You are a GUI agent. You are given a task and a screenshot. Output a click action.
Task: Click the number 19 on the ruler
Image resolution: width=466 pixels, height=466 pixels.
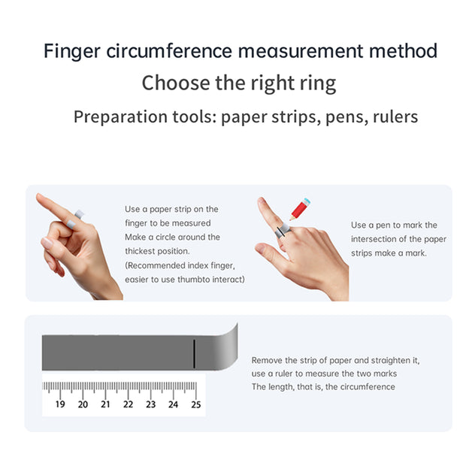click(x=60, y=404)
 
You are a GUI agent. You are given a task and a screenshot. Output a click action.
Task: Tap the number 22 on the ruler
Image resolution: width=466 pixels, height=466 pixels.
click(x=128, y=404)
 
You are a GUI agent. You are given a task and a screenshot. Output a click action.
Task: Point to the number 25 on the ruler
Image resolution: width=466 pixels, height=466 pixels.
click(x=196, y=404)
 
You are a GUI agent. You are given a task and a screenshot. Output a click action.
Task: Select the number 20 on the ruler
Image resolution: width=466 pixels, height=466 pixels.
click(x=83, y=404)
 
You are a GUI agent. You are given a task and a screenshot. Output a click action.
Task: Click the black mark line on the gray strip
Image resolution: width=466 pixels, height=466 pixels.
click(x=194, y=354)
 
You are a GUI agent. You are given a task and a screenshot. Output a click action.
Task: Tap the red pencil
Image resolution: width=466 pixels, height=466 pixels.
click(x=300, y=209)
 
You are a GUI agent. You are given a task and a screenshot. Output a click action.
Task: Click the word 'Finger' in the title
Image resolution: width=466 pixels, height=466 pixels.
click(x=72, y=51)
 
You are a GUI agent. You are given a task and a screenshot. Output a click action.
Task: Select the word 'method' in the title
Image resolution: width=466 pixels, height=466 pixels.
click(x=403, y=50)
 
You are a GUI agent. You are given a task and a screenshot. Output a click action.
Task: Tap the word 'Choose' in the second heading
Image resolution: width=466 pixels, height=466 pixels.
click(x=176, y=83)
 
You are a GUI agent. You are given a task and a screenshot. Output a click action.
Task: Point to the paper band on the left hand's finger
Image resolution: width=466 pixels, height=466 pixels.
click(x=75, y=219)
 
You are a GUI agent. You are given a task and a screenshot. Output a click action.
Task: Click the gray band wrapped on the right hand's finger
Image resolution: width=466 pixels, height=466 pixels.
click(x=282, y=230)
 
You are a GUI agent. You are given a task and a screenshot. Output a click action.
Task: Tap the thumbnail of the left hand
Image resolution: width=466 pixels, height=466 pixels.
click(x=47, y=242)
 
